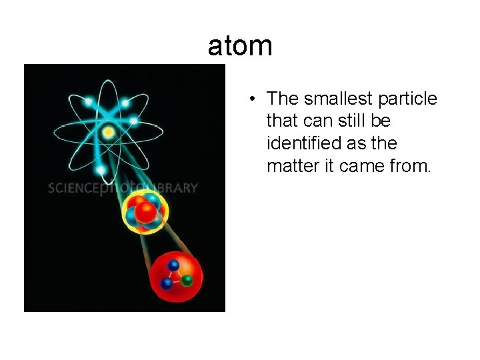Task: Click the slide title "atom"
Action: [x=240, y=46]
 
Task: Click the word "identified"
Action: [x=305, y=143]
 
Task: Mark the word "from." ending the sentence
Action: [x=413, y=166]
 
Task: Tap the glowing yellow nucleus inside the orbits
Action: [x=108, y=132]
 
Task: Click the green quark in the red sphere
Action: [x=188, y=280]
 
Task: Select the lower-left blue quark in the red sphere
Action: [x=167, y=284]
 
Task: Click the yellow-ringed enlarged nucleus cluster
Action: [x=145, y=211]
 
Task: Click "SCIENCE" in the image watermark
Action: [x=74, y=187]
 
